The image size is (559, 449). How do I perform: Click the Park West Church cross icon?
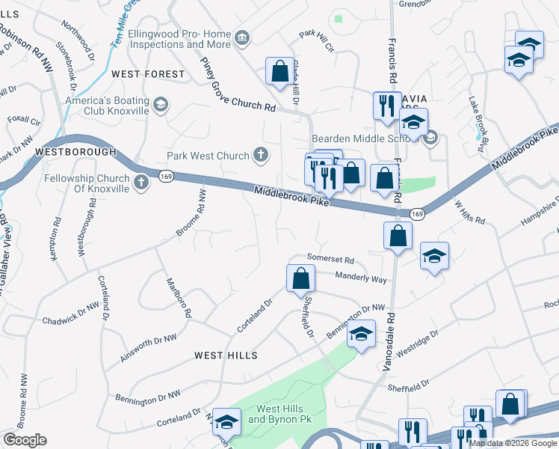(x=260, y=156)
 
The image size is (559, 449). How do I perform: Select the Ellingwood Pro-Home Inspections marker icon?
(x=241, y=38)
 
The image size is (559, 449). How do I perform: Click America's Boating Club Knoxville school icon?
(x=161, y=105)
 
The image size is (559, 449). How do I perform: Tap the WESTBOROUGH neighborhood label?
(x=75, y=151)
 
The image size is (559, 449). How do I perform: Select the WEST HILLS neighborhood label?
(x=226, y=355)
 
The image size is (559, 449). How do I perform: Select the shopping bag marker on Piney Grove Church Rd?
(x=280, y=73)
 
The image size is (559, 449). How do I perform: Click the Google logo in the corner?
(x=25, y=440)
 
